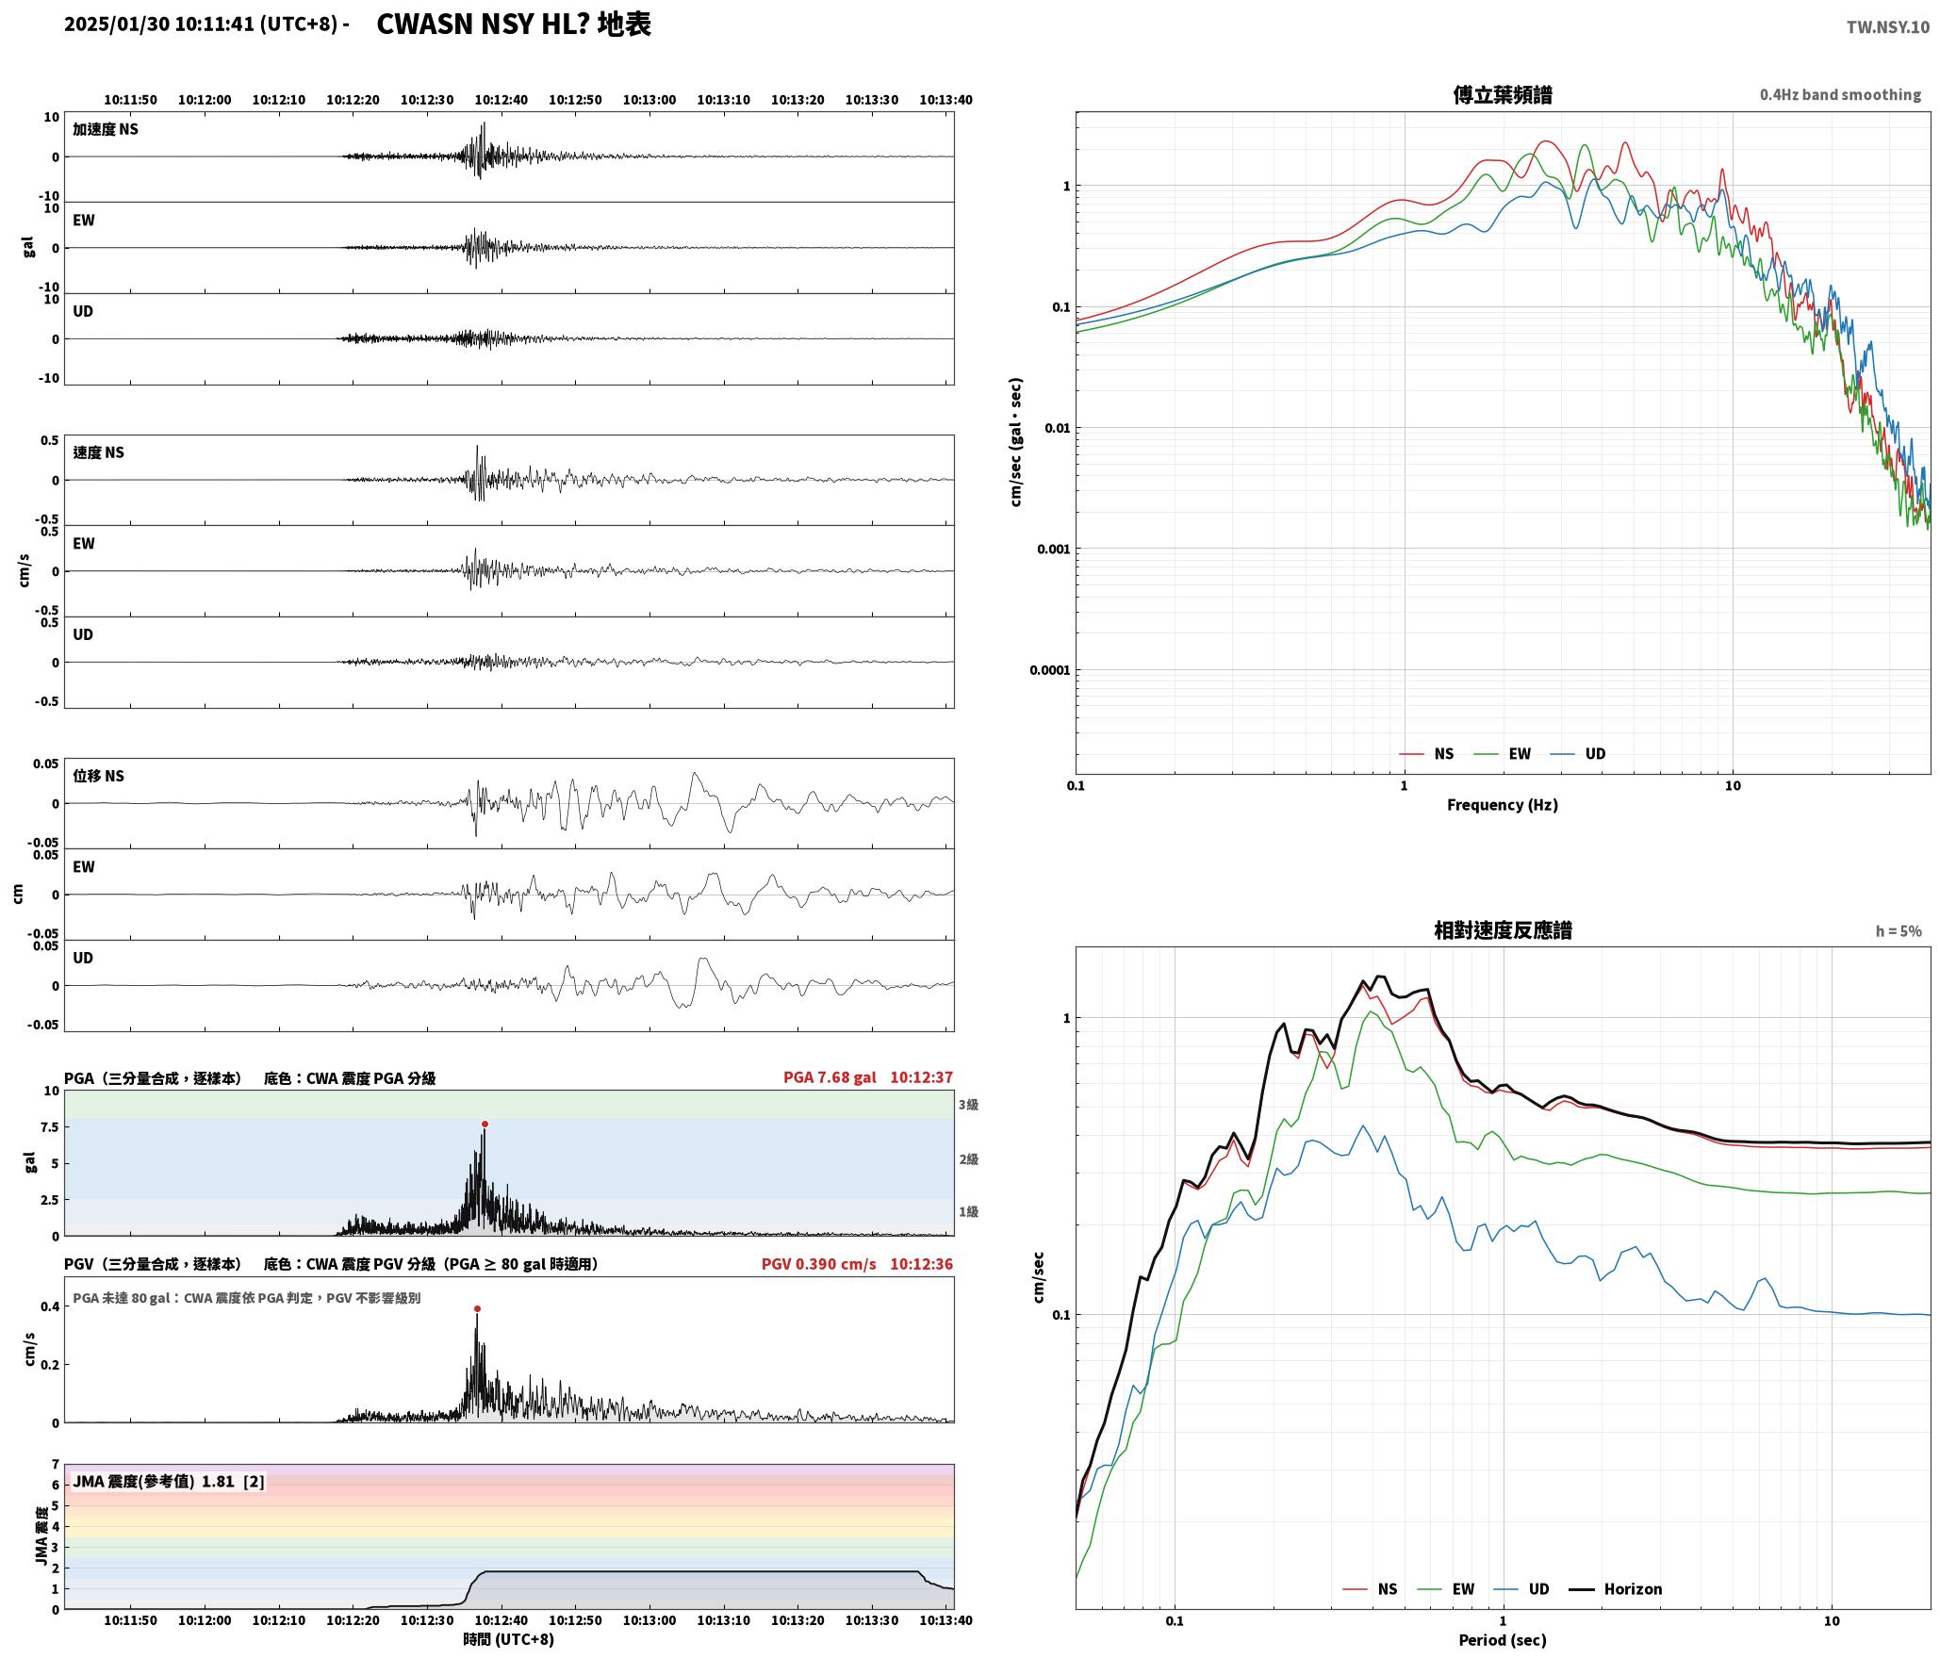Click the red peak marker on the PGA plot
485,1124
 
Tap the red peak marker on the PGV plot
477,1308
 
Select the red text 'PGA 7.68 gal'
830,1076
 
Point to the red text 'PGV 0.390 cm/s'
818,1263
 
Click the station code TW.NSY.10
1887,27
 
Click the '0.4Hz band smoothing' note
1840,94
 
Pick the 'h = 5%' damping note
1898,931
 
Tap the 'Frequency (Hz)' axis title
1503,804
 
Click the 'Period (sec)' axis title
1503,1639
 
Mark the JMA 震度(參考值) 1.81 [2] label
169,1481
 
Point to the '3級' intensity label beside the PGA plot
968,1104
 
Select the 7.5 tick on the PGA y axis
48,1126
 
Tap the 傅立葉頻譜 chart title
1503,94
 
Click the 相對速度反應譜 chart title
1503,930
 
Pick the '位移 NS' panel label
99,776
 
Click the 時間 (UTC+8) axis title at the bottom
509,1639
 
